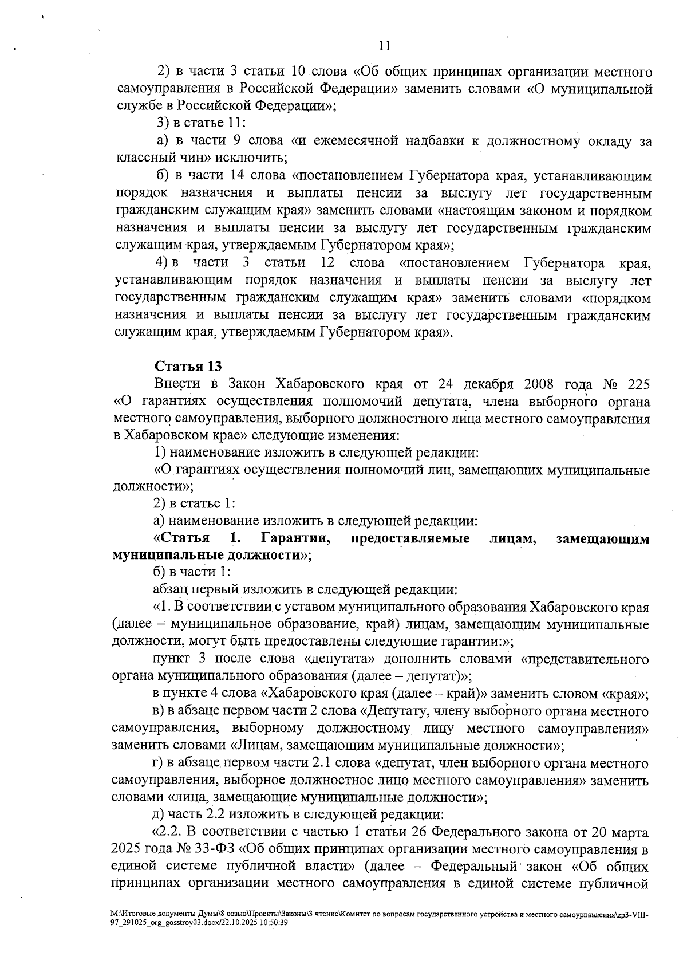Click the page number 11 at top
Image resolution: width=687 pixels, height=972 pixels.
pyautogui.click(x=385, y=46)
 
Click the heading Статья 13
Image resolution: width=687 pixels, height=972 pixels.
pyautogui.click(x=188, y=367)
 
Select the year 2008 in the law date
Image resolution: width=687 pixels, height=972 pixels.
pyautogui.click(x=536, y=384)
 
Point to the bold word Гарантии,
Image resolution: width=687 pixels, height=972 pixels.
pyautogui.click(x=295, y=539)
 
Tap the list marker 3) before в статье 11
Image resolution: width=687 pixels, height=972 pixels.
pyautogui.click(x=163, y=123)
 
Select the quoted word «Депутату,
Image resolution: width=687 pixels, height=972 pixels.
pyautogui.click(x=396, y=712)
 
